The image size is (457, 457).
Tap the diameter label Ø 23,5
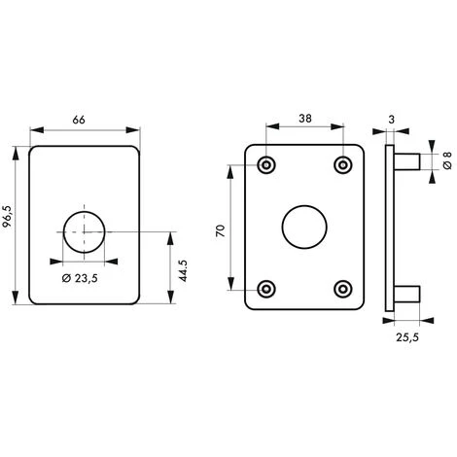click(86, 280)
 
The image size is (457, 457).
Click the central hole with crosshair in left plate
click(85, 229)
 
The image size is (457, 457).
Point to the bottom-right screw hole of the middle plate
click(341, 288)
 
